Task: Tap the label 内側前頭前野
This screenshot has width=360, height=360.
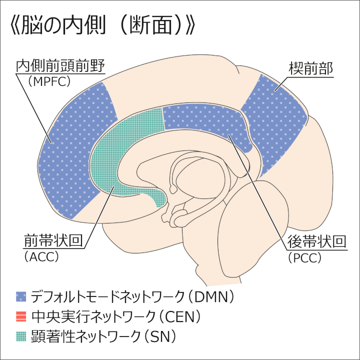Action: [62, 66]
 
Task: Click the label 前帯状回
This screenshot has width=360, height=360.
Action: [52, 241]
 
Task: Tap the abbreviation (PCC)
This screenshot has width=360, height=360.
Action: [304, 257]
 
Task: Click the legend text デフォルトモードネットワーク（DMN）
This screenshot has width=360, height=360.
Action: [132, 296]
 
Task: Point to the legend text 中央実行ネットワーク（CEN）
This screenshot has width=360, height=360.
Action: [115, 316]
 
